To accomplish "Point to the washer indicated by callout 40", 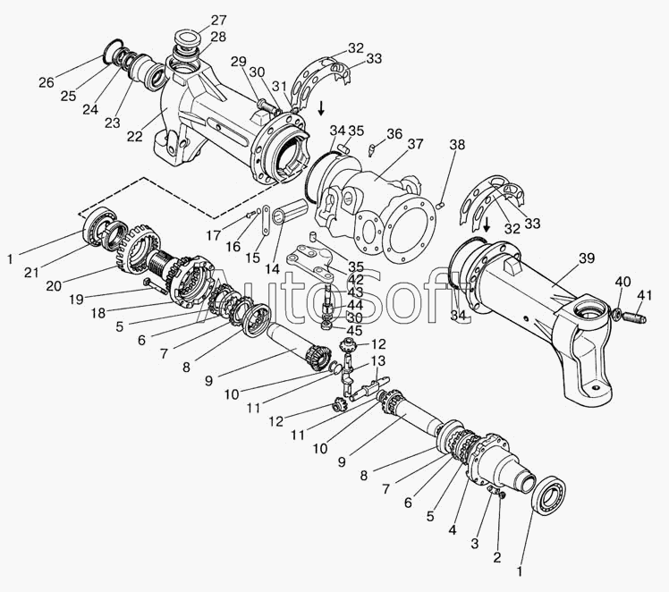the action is click(x=616, y=312).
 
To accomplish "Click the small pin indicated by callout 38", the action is click(x=443, y=205).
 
